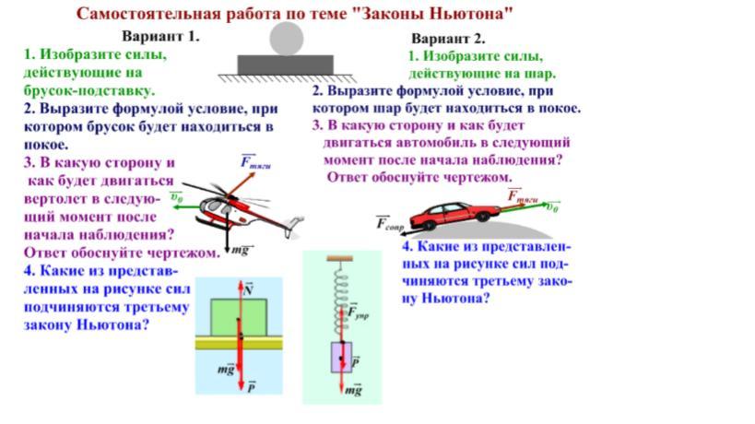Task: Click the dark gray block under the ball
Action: [x=285, y=65]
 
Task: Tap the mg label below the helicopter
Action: [x=242, y=249]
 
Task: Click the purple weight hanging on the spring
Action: [x=342, y=356]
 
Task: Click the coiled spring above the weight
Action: [x=340, y=295]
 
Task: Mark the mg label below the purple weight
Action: [x=353, y=390]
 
